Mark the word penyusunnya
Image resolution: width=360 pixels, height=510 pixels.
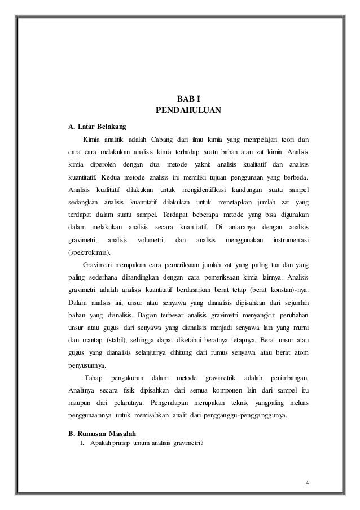click(x=87, y=365)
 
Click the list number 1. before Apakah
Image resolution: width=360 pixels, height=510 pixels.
click(x=82, y=443)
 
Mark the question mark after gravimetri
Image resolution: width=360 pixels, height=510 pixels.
click(x=200, y=443)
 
